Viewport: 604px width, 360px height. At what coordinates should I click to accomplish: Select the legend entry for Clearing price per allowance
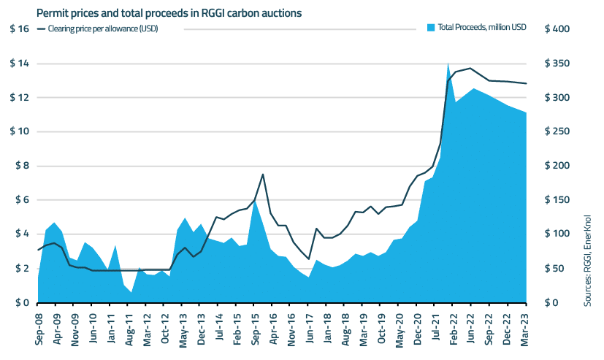102,28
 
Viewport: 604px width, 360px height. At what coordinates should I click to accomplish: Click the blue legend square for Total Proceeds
430,28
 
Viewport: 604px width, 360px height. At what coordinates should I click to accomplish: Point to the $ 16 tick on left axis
19,29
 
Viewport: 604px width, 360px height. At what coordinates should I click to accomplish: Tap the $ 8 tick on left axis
20,166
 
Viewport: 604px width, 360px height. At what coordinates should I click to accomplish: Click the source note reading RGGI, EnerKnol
588,260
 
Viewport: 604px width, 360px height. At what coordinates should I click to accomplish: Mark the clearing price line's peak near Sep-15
263,175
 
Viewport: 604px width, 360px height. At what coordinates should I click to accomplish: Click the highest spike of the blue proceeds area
448,64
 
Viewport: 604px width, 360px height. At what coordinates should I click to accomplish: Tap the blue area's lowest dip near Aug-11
131,292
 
